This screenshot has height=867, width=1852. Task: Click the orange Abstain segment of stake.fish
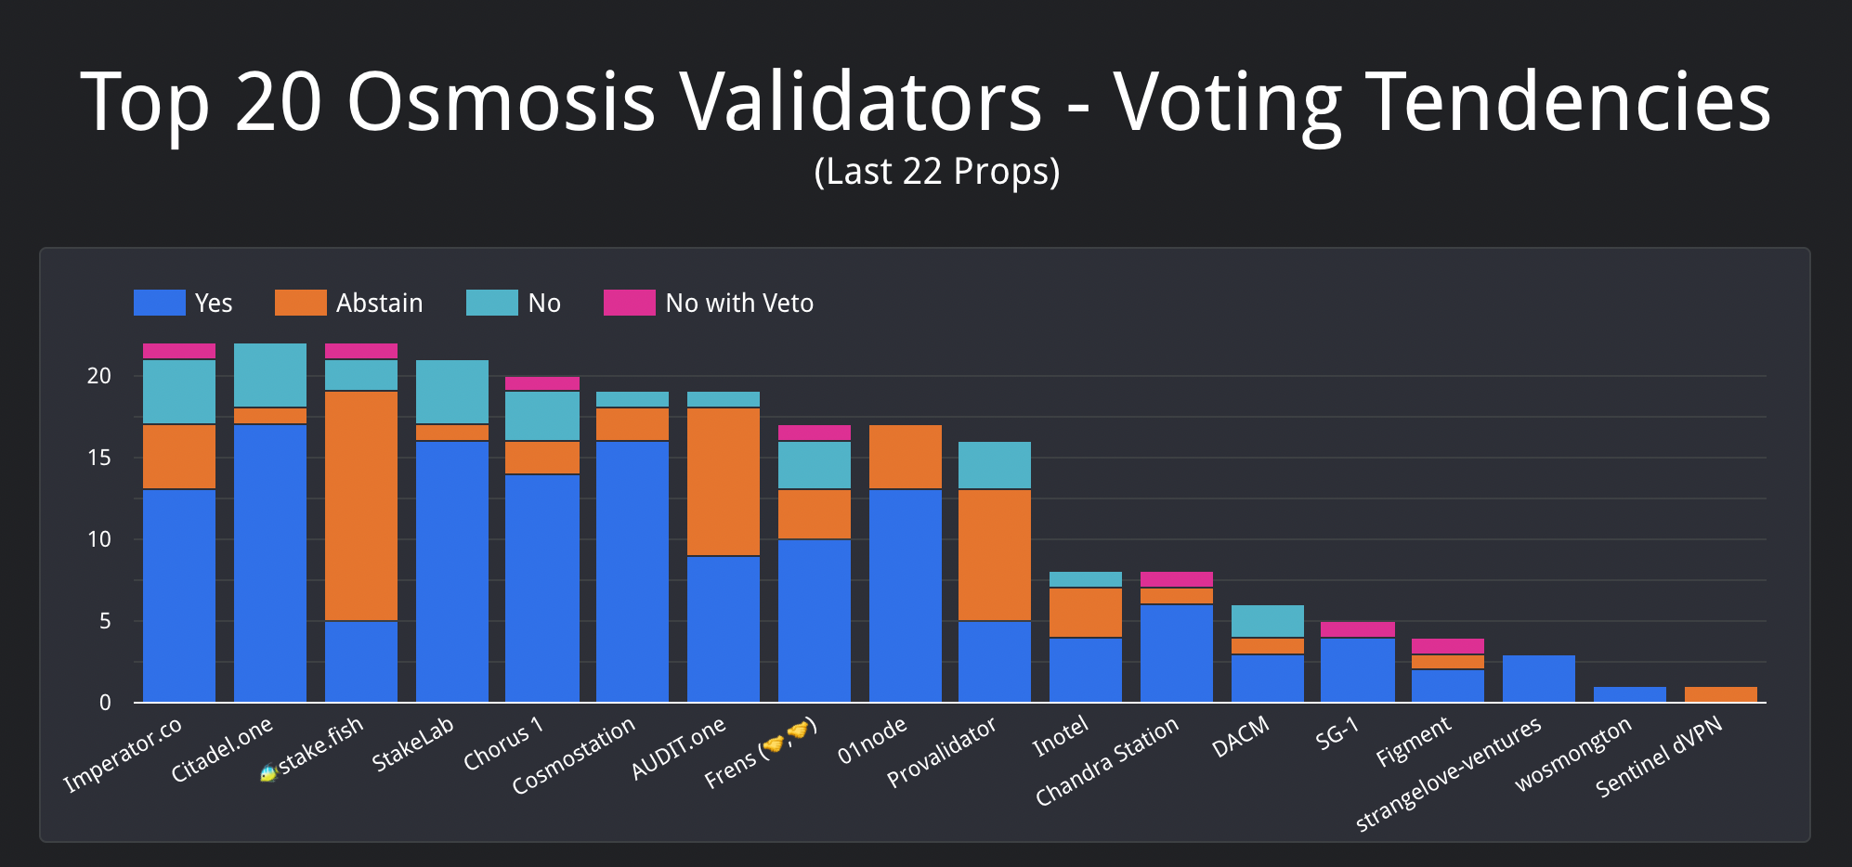[x=361, y=506]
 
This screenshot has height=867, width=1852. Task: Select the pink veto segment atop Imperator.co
[x=179, y=351]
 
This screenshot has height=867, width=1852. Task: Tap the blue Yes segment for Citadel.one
[x=270, y=563]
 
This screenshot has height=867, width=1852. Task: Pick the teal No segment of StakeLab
[x=452, y=392]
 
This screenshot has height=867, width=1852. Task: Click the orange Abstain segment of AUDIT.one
[x=724, y=482]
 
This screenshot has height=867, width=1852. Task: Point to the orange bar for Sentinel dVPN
[x=1721, y=694]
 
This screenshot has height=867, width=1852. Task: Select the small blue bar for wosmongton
[x=1630, y=694]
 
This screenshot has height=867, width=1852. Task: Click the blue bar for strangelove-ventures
[x=1539, y=679]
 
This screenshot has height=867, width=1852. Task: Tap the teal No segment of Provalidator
[x=995, y=465]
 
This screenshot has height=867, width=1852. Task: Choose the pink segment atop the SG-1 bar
[x=1358, y=629]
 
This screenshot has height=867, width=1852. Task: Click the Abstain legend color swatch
[x=300, y=303]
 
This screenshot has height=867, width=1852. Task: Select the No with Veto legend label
[x=739, y=304]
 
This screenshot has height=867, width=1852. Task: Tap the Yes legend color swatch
[x=159, y=303]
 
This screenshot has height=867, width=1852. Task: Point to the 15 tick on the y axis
[x=98, y=458]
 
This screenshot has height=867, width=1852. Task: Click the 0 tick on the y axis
[x=105, y=703]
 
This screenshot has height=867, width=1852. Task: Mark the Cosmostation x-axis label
[x=573, y=756]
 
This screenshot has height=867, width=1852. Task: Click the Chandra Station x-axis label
[x=1106, y=761]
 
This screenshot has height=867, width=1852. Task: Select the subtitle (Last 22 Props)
[x=936, y=172]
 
